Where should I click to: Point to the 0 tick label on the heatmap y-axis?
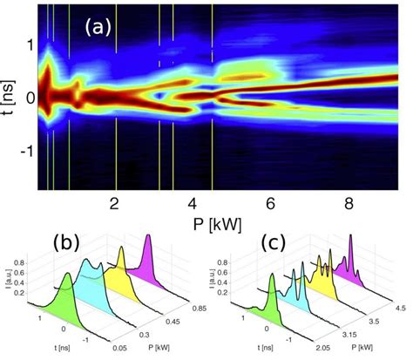tap(30, 97)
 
